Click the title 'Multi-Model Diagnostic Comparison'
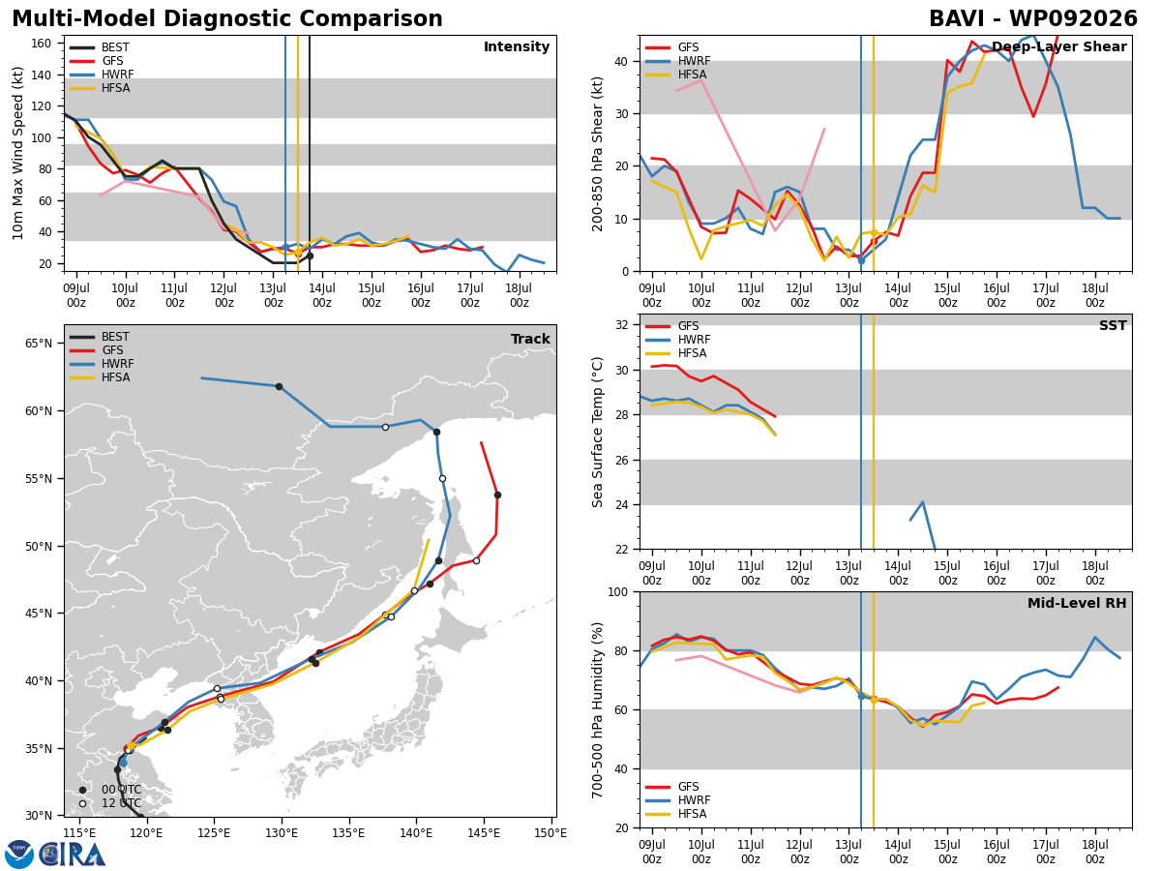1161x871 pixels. pos(227,18)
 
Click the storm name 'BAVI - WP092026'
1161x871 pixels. pos(1033,18)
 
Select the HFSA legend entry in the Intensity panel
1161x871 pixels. pos(100,88)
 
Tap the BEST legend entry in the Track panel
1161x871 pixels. pos(100,337)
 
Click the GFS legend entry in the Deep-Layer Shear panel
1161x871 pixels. pos(671,47)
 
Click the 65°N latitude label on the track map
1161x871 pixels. pos(39,344)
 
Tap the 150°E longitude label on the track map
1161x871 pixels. pos(551,833)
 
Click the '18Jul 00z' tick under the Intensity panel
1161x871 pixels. pos(519,295)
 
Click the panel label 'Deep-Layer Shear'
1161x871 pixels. pos(1058,47)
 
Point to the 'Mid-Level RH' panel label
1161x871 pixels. pos(1077,603)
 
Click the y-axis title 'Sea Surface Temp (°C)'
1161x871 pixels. pos(597,432)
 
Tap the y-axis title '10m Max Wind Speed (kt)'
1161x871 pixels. pos(17,153)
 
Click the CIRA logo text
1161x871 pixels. pos(72,855)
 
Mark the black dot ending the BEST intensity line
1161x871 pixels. pos(310,255)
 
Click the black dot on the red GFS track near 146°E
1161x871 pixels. pos(497,496)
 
